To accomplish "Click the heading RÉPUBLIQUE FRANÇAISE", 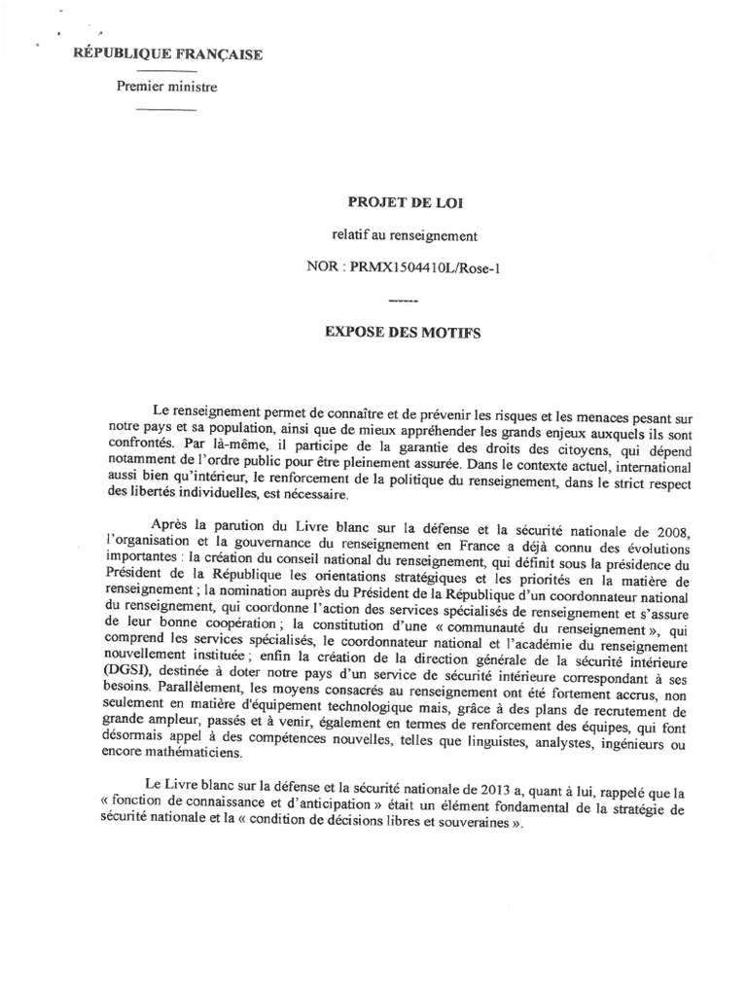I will tap(167, 55).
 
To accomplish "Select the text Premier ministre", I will tap(167, 88).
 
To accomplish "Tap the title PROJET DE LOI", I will tap(393, 201).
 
